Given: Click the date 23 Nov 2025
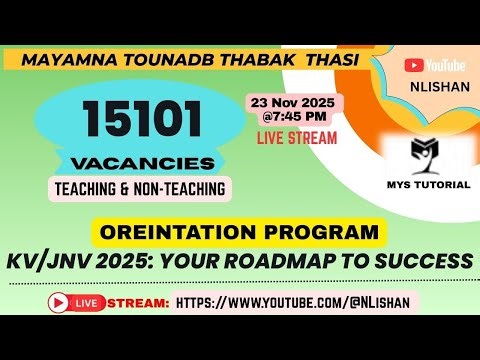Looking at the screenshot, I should point(294,101).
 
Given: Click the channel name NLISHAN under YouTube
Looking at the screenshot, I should point(433,86).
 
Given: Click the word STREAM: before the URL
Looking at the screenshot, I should point(138,301).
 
